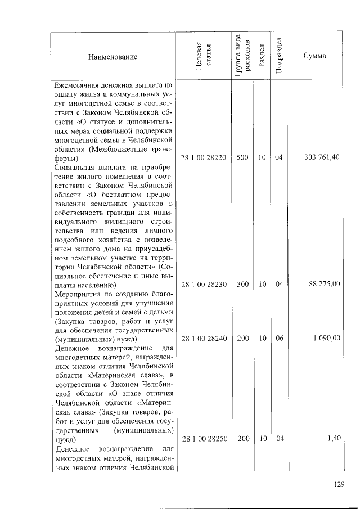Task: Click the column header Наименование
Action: (112, 57)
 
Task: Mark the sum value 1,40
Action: (334, 439)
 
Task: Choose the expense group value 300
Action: (242, 285)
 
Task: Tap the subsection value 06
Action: (278, 339)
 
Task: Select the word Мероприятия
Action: (79, 294)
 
